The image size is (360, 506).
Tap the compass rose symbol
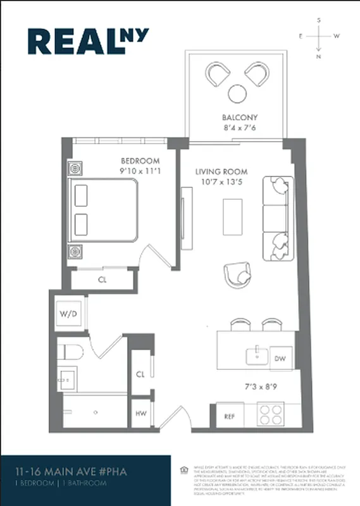coord(319,37)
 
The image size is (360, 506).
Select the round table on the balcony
coord(238,93)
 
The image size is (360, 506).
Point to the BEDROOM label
coord(140,161)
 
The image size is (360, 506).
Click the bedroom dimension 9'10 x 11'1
coord(140,171)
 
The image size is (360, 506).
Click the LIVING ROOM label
coord(221,171)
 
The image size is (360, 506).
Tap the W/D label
coord(67,314)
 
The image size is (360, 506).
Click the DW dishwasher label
coord(281,358)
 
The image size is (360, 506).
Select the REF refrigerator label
coord(230,416)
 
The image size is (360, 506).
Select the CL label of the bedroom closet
coord(102,279)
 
